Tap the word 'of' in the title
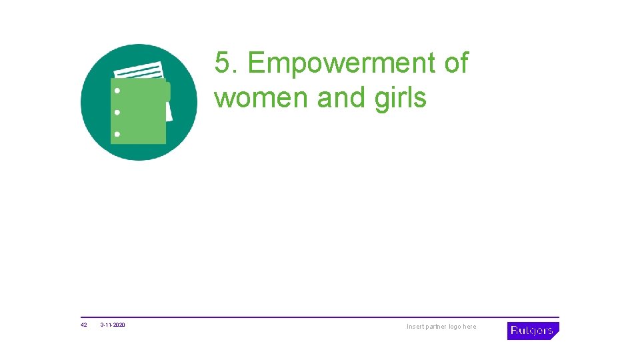click(455, 64)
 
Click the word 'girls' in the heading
click(400, 98)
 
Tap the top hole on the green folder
click(117, 91)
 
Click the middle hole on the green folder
click(117, 112)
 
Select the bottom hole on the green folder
click(117, 134)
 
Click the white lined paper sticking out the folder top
click(139, 71)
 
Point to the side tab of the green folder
click(168, 91)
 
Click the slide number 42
click(84, 325)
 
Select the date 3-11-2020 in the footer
click(113, 325)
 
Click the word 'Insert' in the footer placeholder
click(415, 327)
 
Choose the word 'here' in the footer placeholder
click(470, 327)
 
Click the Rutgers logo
click(533, 331)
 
